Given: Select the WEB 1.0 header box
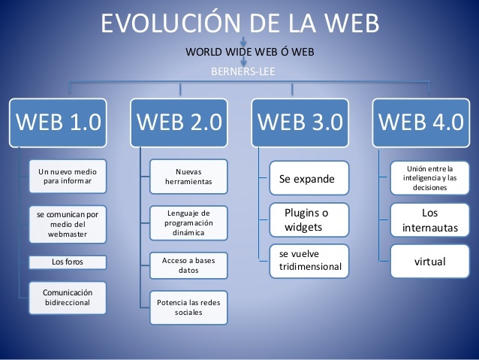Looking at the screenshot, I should (x=59, y=121).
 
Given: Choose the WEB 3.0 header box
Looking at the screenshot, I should (x=300, y=121).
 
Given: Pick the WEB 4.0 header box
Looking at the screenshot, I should (x=420, y=121).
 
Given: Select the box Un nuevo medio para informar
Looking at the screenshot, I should (x=68, y=177).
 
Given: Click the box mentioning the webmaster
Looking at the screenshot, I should (x=68, y=224).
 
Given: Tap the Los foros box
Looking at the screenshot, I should (x=68, y=262).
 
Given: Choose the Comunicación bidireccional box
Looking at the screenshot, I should (x=68, y=297).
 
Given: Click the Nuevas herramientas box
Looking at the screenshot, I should (x=188, y=177).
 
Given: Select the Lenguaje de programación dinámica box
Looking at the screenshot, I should (x=188, y=223).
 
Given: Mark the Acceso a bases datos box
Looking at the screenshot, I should (x=188, y=265).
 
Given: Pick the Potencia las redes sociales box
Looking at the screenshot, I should (x=188, y=307).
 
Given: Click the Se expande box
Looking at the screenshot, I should (x=309, y=180).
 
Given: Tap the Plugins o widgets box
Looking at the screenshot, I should (x=309, y=220).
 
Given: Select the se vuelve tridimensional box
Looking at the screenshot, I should (x=309, y=260).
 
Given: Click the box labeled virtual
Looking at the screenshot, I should (x=429, y=262).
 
